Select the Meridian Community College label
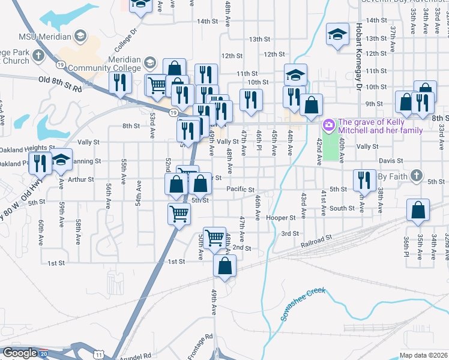click(125, 64)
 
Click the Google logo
click(19, 353)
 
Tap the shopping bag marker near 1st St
click(224, 266)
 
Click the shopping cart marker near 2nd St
click(214, 237)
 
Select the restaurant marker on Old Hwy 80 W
click(41, 163)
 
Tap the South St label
click(342, 208)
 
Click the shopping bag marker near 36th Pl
click(418, 211)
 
